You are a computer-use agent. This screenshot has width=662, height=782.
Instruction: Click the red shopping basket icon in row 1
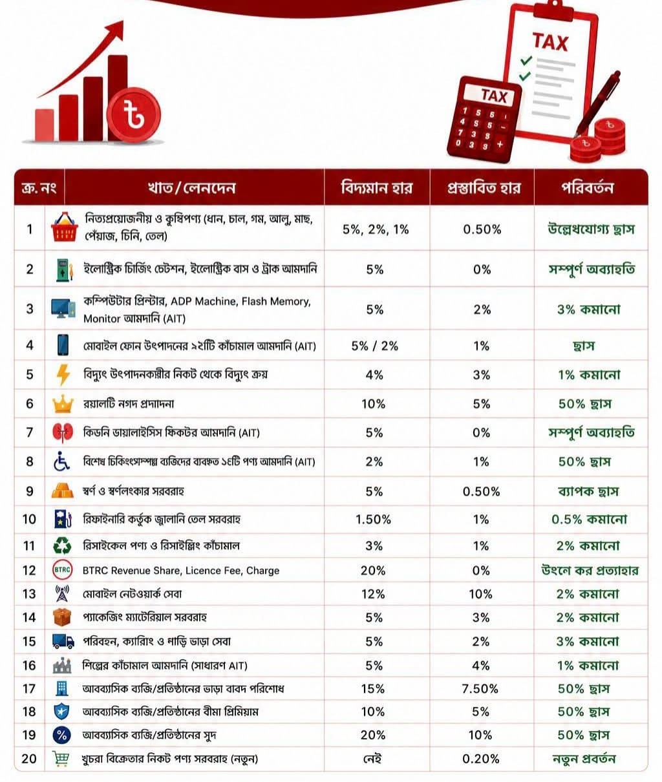click(65, 227)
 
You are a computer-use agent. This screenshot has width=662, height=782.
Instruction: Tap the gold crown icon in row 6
click(63, 404)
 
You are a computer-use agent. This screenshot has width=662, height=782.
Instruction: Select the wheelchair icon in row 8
click(61, 461)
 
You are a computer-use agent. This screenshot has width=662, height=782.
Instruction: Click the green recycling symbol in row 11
click(62, 545)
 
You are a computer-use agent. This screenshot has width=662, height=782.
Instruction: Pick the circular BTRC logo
click(62, 570)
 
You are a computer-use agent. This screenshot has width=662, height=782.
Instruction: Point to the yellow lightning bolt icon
click(63, 375)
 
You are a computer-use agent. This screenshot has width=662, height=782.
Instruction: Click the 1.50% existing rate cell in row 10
click(373, 520)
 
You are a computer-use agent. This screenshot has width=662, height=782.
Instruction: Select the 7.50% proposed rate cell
click(480, 688)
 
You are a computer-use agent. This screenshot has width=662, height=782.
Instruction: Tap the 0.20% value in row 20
click(481, 759)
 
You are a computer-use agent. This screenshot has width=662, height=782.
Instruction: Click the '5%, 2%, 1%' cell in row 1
click(376, 229)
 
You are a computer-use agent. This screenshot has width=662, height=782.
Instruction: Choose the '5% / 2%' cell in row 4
click(375, 346)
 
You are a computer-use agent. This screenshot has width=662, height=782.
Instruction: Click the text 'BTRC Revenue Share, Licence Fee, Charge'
click(181, 571)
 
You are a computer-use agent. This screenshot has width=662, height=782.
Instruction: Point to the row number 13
click(29, 594)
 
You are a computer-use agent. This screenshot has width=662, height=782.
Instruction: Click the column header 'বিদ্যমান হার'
click(377, 187)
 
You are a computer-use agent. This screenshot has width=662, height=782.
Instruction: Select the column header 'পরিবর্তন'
click(587, 187)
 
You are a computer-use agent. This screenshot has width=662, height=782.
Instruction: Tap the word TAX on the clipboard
click(550, 42)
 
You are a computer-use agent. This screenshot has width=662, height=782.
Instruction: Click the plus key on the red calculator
click(500, 144)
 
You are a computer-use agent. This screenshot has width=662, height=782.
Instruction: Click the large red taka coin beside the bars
click(134, 115)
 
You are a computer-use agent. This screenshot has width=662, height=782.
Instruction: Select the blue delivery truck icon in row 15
click(63, 641)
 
